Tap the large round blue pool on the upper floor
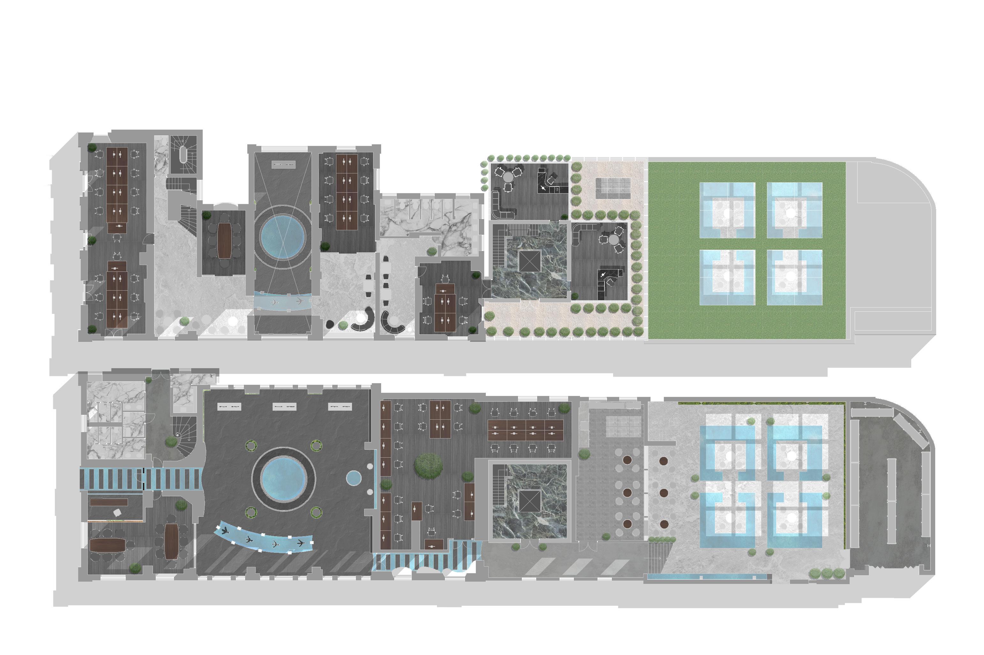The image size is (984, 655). click(282, 236)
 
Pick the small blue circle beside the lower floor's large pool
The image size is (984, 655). click(354, 478)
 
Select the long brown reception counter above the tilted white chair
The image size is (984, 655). click(109, 502)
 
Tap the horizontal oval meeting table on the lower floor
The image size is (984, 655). click(107, 544)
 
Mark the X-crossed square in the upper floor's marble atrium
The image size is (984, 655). click(530, 262)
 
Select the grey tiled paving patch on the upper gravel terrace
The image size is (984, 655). click(612, 188)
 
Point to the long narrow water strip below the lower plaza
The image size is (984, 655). click(707, 577)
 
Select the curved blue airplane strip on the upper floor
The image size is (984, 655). click(282, 301)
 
